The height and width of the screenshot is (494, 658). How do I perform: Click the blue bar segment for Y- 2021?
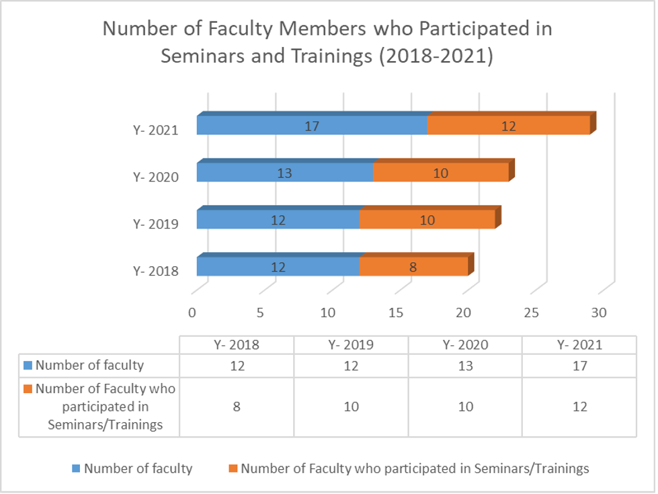click(x=312, y=125)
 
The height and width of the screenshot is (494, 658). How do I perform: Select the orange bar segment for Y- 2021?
click(x=508, y=125)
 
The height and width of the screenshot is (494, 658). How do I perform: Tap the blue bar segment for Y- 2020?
click(x=285, y=173)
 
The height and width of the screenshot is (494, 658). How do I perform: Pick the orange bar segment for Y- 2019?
click(x=427, y=220)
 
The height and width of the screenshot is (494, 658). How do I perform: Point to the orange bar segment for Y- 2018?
click(x=413, y=267)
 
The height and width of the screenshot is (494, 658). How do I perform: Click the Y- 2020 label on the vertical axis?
click(x=155, y=177)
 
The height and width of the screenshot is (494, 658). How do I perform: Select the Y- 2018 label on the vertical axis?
click(x=155, y=272)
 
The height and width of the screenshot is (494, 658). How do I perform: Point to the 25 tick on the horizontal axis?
click(x=531, y=312)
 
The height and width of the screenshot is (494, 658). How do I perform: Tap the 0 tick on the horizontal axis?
click(x=192, y=312)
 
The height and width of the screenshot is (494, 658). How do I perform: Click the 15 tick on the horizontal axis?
click(x=395, y=312)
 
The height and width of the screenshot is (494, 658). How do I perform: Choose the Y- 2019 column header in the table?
click(x=352, y=345)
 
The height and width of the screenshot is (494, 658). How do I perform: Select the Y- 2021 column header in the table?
click(x=579, y=345)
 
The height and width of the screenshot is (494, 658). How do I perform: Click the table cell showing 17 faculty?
click(x=579, y=366)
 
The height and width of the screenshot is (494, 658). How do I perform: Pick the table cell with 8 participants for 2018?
click(x=237, y=407)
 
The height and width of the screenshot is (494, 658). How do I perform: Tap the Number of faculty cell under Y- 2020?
click(x=465, y=366)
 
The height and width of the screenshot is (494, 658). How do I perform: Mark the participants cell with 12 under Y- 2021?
click(x=579, y=407)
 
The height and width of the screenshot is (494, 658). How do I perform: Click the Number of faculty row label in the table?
click(x=89, y=366)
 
